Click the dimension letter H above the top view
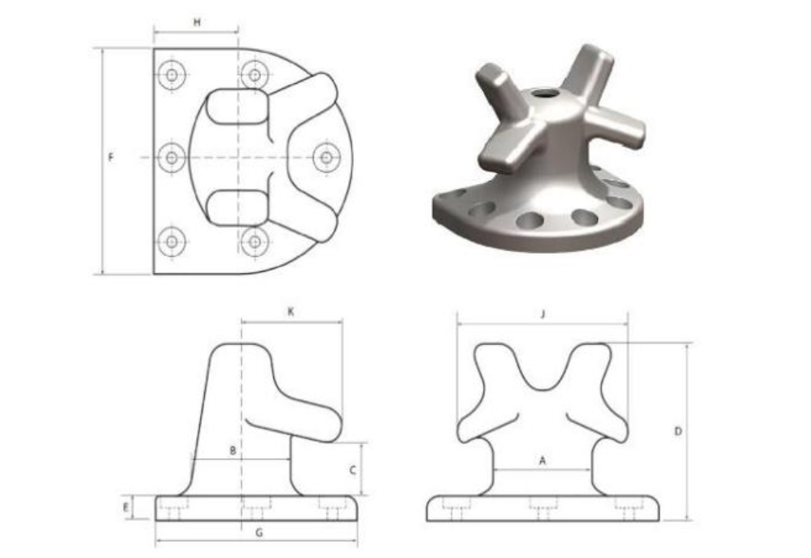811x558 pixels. (197, 22)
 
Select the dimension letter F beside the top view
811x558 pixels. (110, 157)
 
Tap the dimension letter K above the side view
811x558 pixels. (290, 312)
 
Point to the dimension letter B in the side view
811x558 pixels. (233, 451)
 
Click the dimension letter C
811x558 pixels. (353, 470)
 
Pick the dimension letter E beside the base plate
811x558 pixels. (126, 508)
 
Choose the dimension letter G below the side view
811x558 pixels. (259, 532)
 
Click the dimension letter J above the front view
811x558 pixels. (543, 314)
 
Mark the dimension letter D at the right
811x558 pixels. (678, 431)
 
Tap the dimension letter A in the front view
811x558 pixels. (542, 460)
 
